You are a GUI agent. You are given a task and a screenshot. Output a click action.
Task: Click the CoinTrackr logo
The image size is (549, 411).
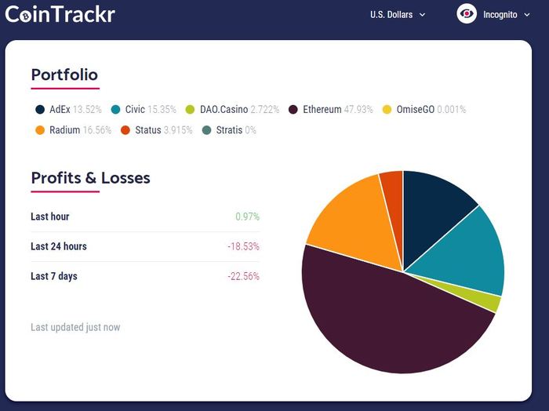tap(60, 14)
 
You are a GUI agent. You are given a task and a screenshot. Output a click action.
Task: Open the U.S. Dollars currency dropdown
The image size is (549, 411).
tap(398, 14)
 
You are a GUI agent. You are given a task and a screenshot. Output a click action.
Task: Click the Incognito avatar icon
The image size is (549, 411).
tap(467, 14)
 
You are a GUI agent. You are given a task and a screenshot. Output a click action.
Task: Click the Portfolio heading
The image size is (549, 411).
tap(64, 75)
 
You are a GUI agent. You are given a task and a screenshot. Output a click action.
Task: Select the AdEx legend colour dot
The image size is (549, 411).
tap(39, 110)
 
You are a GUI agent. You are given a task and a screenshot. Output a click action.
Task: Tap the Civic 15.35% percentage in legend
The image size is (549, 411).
tap(162, 110)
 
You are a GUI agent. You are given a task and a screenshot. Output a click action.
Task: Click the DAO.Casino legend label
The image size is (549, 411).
tap(224, 110)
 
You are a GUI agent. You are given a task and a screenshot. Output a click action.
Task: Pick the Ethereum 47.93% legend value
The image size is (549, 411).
tap(358, 110)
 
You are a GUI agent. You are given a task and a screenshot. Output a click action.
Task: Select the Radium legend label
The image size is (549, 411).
tap(64, 130)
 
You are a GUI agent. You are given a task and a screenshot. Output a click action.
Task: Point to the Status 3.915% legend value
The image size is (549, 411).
tap(178, 130)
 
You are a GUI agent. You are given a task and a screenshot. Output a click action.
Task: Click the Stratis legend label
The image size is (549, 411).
tap(229, 130)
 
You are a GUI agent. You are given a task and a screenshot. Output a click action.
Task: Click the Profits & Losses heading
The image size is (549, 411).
tap(90, 178)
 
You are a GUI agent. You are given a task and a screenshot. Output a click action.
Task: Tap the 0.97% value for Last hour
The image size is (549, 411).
tap(247, 216)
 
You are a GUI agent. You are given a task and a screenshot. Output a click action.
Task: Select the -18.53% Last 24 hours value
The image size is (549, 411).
tap(243, 246)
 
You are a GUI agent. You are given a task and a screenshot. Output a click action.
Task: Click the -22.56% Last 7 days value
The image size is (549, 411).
tap(243, 276)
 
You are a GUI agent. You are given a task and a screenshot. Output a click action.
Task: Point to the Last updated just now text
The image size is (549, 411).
tap(75, 327)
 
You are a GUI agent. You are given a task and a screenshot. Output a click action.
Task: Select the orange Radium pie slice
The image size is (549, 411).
tap(353, 220)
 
